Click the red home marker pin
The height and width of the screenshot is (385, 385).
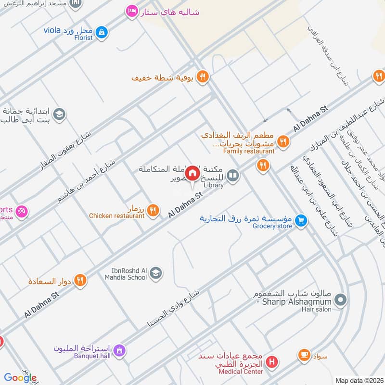192,173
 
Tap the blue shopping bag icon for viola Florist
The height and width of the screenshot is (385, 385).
101,32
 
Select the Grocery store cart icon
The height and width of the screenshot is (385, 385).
301,220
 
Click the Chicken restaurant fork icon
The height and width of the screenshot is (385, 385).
153,209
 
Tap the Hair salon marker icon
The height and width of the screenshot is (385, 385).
340,300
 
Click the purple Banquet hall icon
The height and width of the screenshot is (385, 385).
120,350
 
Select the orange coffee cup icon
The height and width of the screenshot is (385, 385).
304,355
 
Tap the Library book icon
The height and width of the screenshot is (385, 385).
233,176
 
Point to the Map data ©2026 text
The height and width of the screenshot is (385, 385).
359,380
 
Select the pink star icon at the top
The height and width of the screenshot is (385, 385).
131,11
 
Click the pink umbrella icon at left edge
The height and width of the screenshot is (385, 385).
21,211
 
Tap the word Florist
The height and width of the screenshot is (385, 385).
83,38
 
